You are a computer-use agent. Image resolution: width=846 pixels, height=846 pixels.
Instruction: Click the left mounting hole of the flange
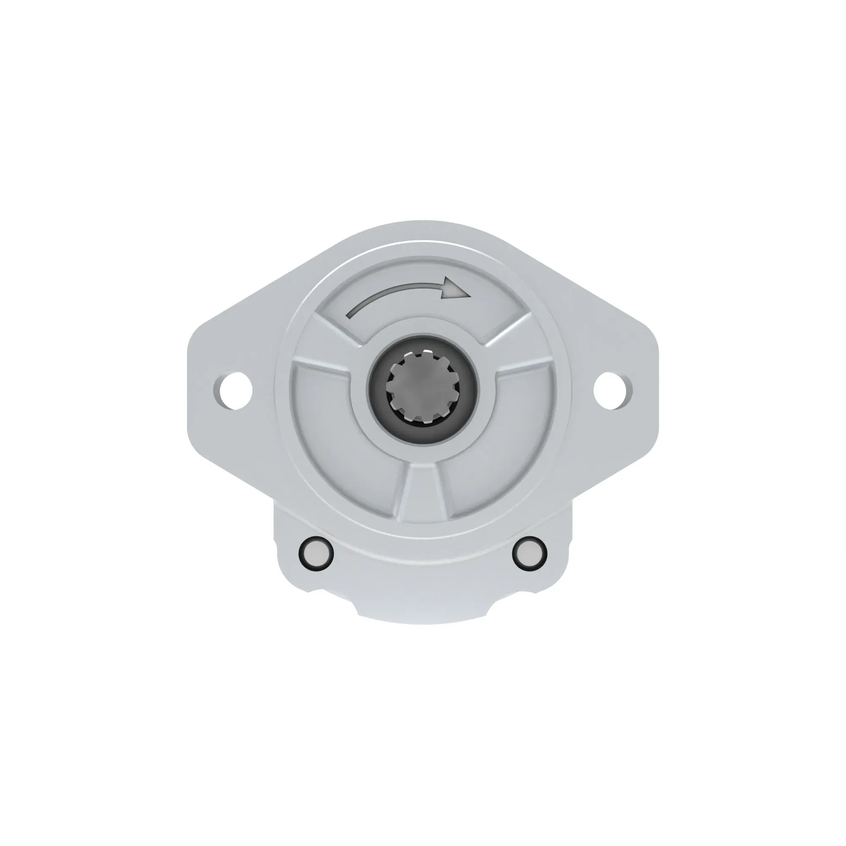point(235,390)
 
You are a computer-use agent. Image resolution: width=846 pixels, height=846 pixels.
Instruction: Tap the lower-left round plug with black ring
point(316,553)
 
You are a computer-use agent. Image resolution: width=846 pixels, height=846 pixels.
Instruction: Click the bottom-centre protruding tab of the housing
point(423,611)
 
